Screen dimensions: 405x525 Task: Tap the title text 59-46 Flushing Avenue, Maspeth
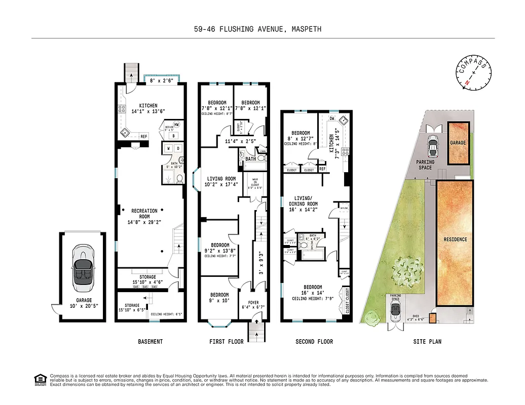point(258,29)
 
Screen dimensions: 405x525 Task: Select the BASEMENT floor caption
point(151,342)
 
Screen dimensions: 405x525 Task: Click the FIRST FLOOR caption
point(227,342)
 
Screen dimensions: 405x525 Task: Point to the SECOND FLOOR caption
point(314,342)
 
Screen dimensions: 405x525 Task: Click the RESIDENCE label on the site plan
point(455,239)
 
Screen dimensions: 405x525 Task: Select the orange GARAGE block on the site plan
point(458,143)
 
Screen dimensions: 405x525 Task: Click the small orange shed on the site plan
point(432,318)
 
